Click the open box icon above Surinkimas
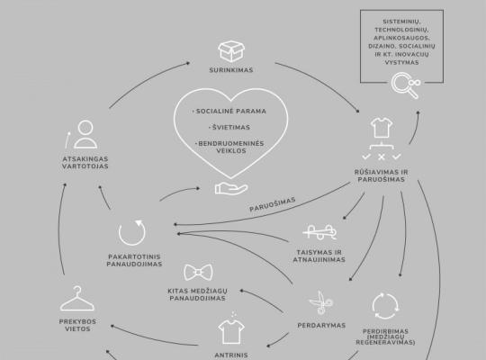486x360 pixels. point(231,51)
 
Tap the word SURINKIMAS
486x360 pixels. point(231,70)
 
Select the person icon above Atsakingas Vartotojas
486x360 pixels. point(85,134)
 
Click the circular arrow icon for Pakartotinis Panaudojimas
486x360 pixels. point(132,232)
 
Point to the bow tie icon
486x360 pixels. point(198,272)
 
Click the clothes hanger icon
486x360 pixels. point(77,298)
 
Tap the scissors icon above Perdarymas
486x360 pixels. point(321,302)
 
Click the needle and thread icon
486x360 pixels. point(319,232)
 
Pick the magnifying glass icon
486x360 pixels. point(406,85)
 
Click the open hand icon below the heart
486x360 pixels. point(231,188)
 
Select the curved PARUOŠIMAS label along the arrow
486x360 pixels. point(273,204)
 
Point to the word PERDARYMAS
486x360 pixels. point(321,326)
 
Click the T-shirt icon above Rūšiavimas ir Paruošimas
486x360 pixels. point(382,128)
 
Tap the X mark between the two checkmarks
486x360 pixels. point(382,157)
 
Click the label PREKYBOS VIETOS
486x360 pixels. point(77,325)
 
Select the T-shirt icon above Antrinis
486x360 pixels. point(231,332)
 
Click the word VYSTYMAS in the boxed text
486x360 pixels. point(401,62)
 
